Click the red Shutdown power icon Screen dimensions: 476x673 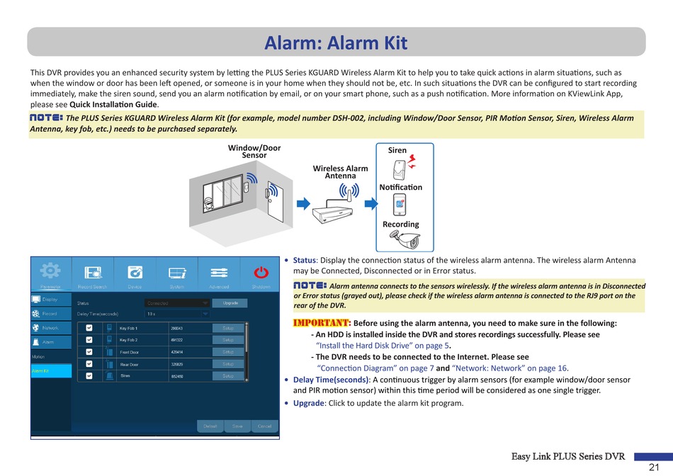261,272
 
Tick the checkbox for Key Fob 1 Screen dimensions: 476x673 89,329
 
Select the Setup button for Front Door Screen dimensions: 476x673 229,352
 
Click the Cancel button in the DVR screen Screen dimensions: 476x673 264,426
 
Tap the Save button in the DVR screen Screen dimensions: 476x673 237,426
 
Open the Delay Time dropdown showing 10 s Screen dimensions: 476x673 177,313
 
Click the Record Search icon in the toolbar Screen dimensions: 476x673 93,273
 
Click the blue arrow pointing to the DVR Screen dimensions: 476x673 303,204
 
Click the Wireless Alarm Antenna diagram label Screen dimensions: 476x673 340,171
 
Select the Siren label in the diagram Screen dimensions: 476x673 397,150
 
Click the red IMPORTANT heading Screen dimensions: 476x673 322,324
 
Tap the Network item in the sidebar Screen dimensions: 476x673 50,329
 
